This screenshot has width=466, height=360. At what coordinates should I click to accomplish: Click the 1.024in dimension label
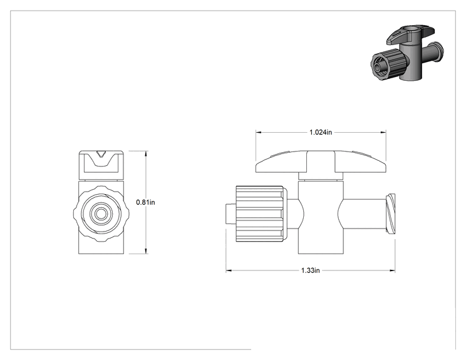[321, 132]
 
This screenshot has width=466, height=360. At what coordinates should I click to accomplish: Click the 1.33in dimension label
[311, 270]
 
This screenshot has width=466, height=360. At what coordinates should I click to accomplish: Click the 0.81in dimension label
[145, 202]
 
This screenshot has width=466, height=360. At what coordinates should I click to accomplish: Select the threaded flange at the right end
[390, 214]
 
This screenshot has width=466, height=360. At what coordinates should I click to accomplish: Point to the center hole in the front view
[100, 213]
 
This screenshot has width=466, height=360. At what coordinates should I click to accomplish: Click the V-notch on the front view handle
[101, 155]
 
